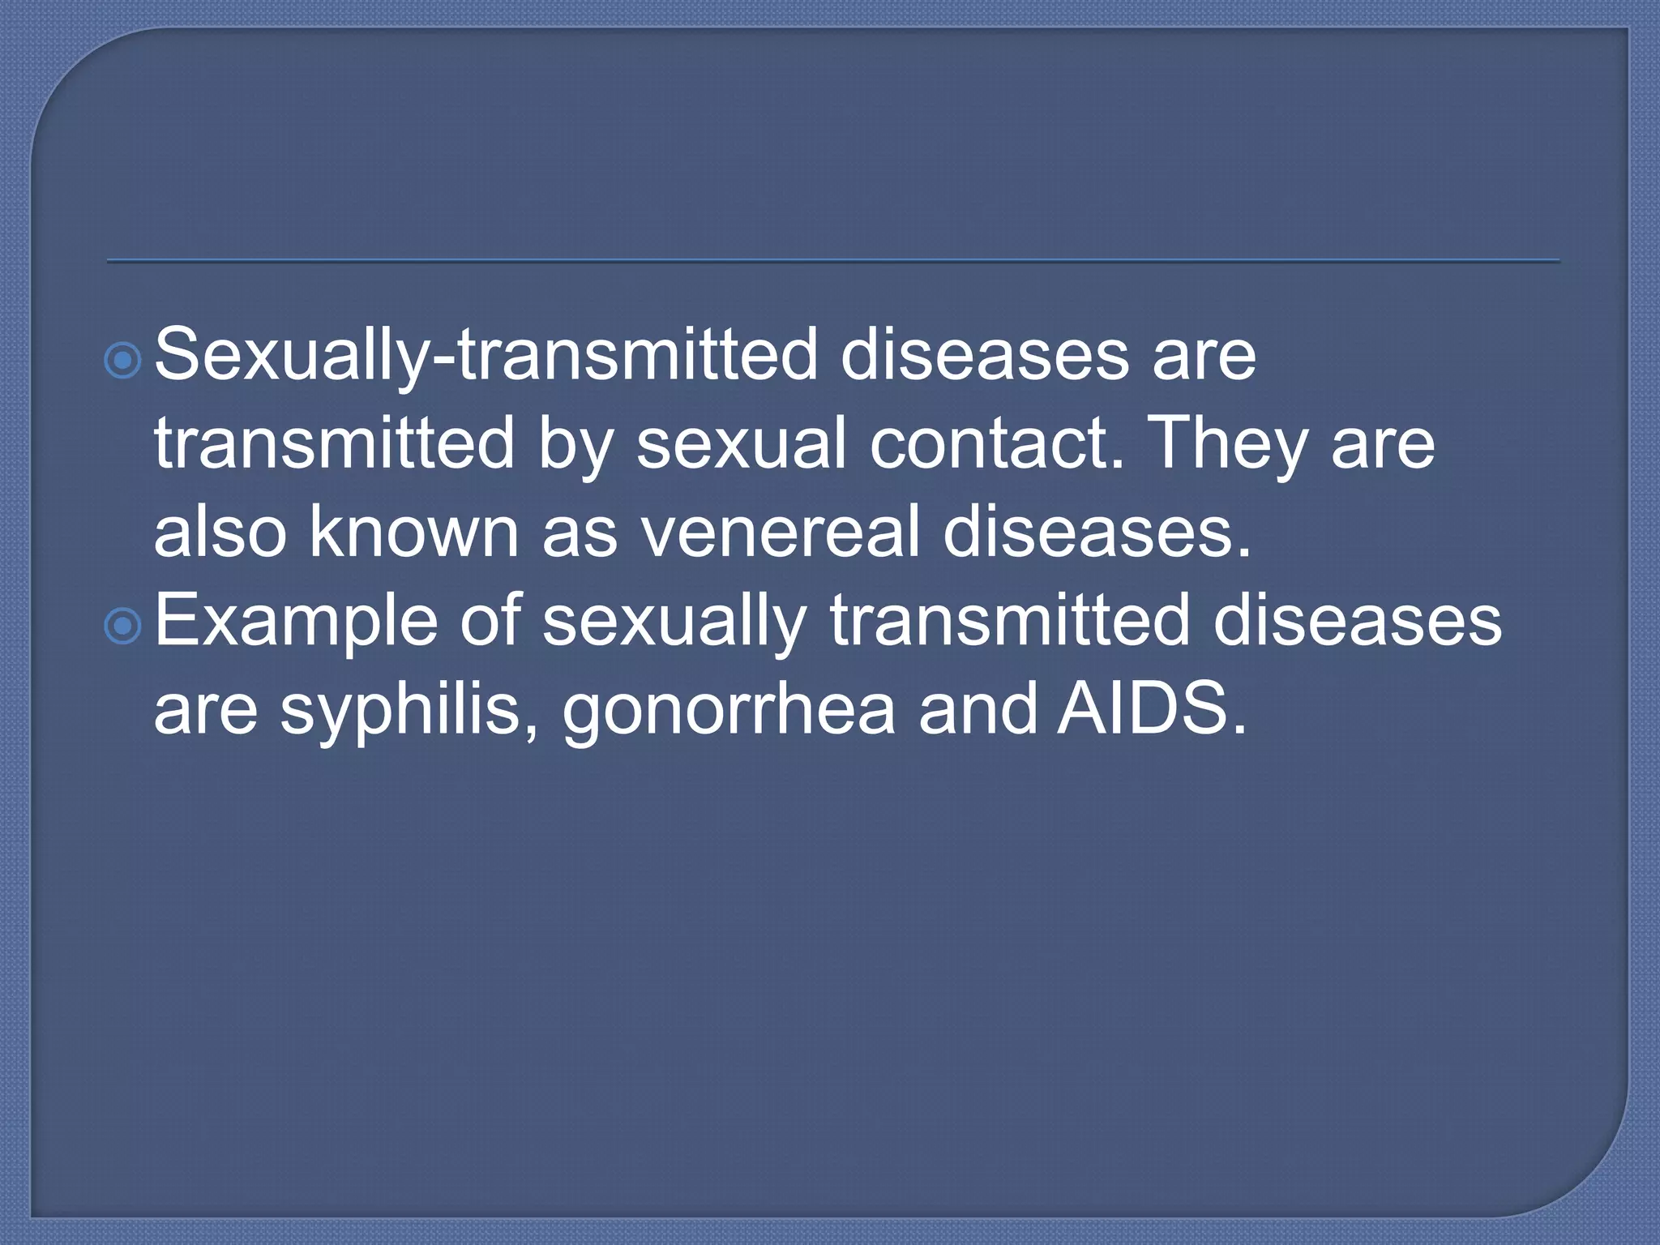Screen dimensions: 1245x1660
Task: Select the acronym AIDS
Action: pos(1152,708)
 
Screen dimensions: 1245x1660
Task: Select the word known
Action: pos(413,533)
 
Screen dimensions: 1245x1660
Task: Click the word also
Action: pos(220,533)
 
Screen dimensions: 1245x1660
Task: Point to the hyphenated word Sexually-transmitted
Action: pos(486,355)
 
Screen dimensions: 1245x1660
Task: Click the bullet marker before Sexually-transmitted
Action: pos(123,360)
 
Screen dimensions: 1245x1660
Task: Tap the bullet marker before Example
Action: pos(123,625)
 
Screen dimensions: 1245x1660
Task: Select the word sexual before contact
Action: pos(741,443)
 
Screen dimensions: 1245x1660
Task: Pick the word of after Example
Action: pos(490,620)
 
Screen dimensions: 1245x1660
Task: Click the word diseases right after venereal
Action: pos(1097,533)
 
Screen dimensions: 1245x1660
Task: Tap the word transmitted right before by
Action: pos(335,443)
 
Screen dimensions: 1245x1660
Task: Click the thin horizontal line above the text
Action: pos(832,261)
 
